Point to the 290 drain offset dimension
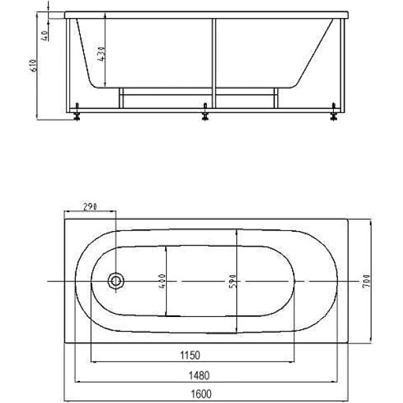[89, 208]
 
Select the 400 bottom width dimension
[162, 281]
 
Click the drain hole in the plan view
[118, 281]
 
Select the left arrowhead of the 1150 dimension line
[93, 362]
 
